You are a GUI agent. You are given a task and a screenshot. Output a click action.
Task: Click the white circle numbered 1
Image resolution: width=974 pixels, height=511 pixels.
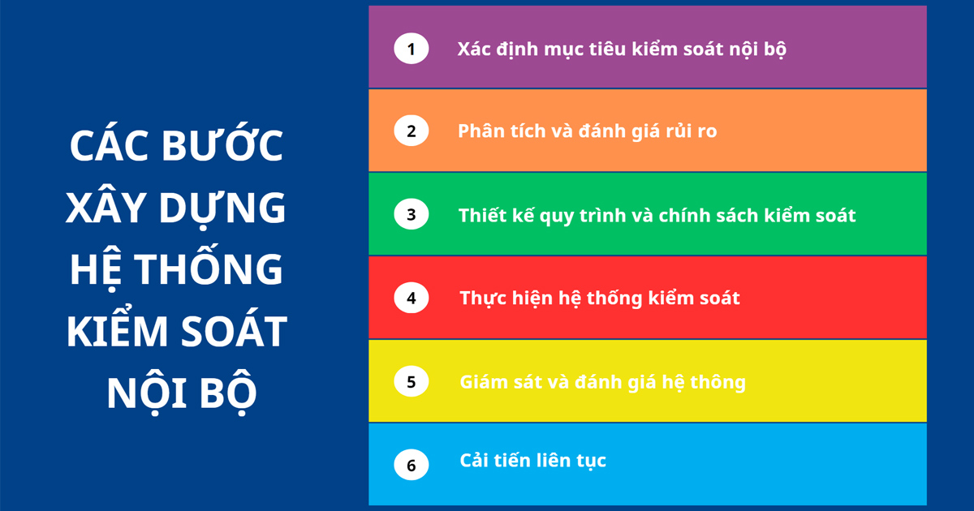pyautogui.click(x=412, y=48)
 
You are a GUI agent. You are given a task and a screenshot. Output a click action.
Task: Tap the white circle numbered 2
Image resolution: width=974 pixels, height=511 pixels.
pyautogui.click(x=412, y=131)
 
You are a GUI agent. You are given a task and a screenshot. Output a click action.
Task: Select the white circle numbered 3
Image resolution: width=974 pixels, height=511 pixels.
pyautogui.click(x=412, y=214)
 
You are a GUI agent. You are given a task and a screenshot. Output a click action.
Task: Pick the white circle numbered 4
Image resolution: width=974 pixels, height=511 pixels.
pyautogui.click(x=412, y=298)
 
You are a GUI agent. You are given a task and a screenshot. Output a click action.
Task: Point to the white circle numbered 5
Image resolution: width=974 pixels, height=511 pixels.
pyautogui.click(x=412, y=381)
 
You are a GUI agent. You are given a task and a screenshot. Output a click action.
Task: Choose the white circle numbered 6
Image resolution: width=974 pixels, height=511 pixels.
pyautogui.click(x=412, y=465)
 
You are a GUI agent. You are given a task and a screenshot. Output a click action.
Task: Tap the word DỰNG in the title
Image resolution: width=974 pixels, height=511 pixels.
pyautogui.click(x=222, y=208)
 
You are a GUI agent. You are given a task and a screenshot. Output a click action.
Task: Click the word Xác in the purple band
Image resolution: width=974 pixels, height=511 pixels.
pyautogui.click(x=473, y=49)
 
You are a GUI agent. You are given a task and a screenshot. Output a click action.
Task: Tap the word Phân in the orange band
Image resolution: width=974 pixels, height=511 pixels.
pyautogui.click(x=481, y=131)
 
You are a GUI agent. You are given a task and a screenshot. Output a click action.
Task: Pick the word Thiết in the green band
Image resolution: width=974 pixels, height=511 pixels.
pyautogui.click(x=482, y=215)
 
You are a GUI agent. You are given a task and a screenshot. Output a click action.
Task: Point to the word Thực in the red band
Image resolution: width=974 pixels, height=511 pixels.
pyautogui.click(x=484, y=298)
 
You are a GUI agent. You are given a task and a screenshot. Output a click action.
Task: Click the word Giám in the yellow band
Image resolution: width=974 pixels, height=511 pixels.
pyautogui.click(x=482, y=381)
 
